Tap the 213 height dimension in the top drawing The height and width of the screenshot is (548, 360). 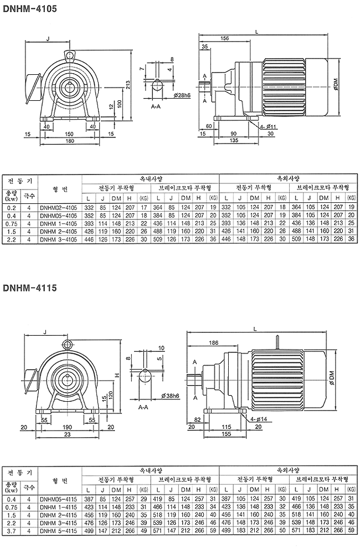point(128,85)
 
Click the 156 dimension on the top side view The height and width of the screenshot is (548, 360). point(225,38)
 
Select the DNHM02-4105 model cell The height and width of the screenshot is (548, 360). point(58,207)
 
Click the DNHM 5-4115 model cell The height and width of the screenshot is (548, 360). point(58,530)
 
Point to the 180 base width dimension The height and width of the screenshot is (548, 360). point(69,141)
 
